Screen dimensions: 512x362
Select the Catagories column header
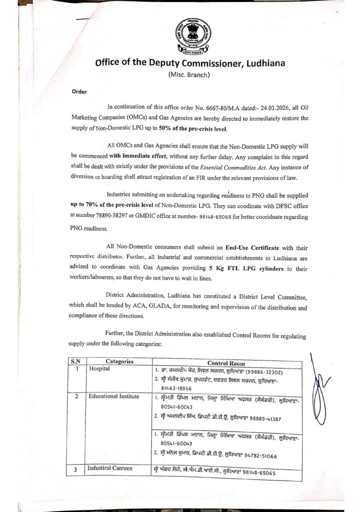point(119,361)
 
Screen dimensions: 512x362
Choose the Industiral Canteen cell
point(110,468)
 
